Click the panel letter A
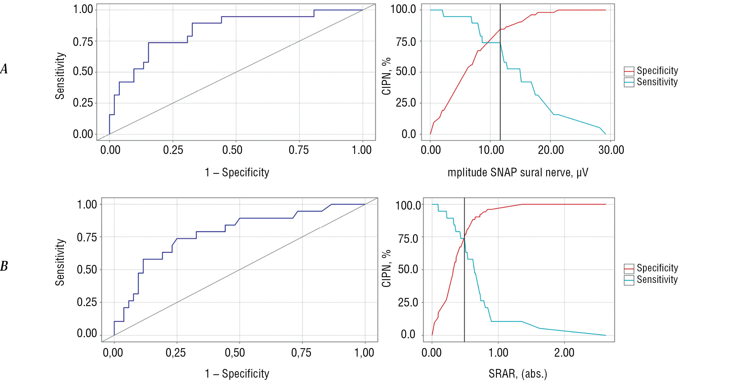tap(4, 69)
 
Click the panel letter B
tap(4, 266)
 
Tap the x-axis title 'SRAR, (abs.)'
tap(518, 374)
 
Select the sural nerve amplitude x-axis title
tap(518, 172)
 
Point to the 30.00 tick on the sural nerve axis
tap(611, 150)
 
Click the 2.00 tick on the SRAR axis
tap(564, 353)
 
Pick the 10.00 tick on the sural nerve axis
tap(491, 150)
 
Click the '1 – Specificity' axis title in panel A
tap(237, 172)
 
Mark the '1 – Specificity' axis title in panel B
tap(237, 374)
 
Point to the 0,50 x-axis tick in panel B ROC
tap(235, 353)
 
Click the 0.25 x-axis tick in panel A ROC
tap(173, 150)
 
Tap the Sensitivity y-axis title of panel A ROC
tap(60, 76)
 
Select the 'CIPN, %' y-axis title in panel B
tap(386, 268)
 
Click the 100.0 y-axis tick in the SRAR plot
tap(408, 205)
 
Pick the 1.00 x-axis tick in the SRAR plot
tap(498, 353)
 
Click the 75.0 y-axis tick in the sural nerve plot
tap(406, 42)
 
